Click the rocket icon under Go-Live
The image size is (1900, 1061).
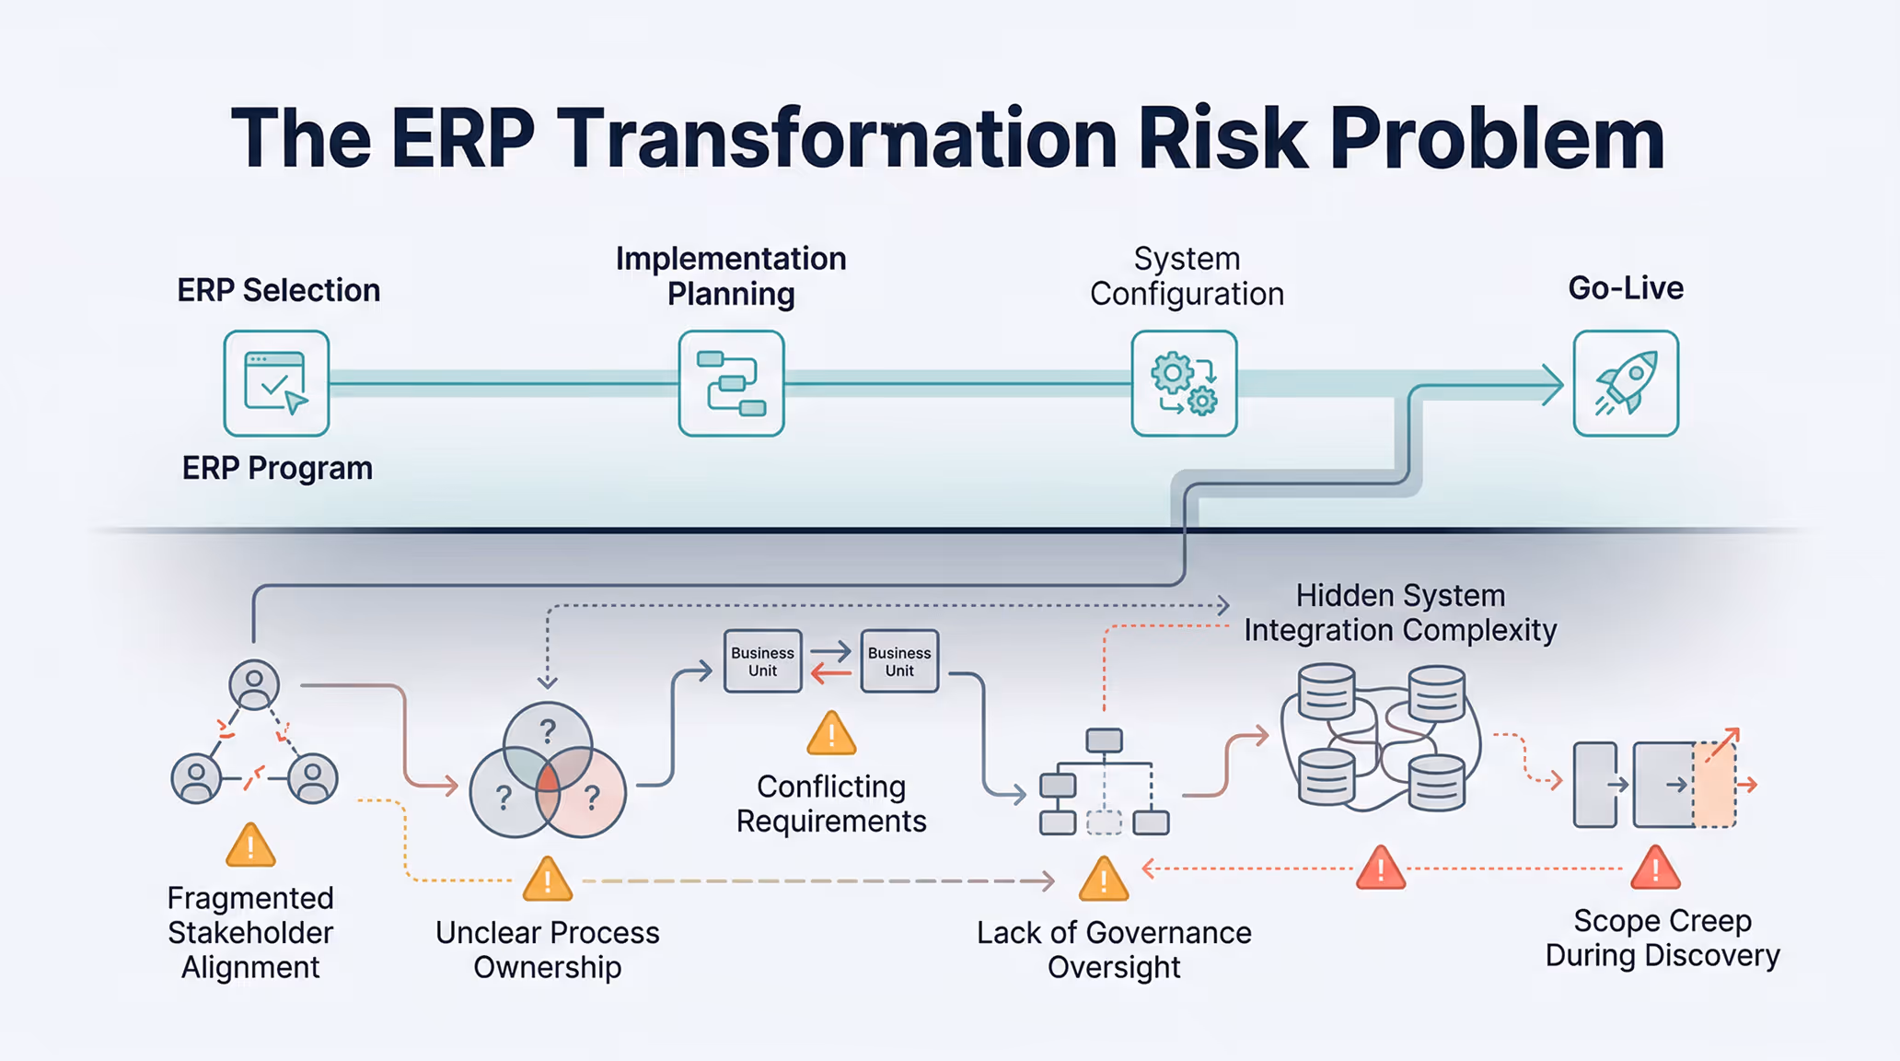[1626, 383]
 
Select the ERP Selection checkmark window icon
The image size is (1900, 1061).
[276, 383]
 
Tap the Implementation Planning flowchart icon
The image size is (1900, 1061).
[731, 383]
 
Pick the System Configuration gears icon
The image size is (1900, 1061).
[1184, 383]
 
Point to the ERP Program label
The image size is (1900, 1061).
[277, 468]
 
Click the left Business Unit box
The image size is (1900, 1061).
[762, 661]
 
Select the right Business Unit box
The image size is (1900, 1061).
[899, 661]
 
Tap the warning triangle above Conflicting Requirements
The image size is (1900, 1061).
[831, 734]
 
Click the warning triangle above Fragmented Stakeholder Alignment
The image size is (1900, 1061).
[250, 846]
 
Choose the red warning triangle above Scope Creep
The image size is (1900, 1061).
[1655, 869]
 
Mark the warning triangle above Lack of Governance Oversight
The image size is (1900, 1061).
[1104, 880]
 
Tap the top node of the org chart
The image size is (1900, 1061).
[1104, 740]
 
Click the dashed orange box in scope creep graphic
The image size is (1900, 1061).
[1714, 785]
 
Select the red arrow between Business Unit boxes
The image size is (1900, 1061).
[831, 675]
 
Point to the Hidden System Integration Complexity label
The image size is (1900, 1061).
[1400, 612]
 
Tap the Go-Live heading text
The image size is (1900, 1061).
[1626, 288]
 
